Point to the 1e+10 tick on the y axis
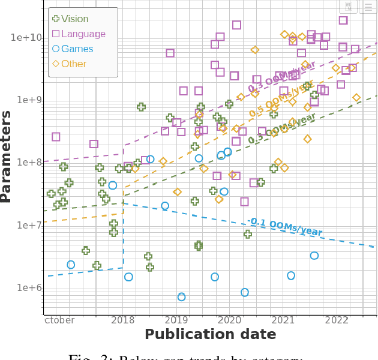(26, 38)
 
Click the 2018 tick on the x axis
(123, 320)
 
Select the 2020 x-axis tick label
(230, 320)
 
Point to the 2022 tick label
(336, 320)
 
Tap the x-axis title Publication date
(210, 334)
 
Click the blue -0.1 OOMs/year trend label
(286, 227)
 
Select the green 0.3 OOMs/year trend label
(282, 128)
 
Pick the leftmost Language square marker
(56, 137)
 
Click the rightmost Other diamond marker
(356, 98)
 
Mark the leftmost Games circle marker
(71, 265)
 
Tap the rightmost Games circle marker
(314, 256)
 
